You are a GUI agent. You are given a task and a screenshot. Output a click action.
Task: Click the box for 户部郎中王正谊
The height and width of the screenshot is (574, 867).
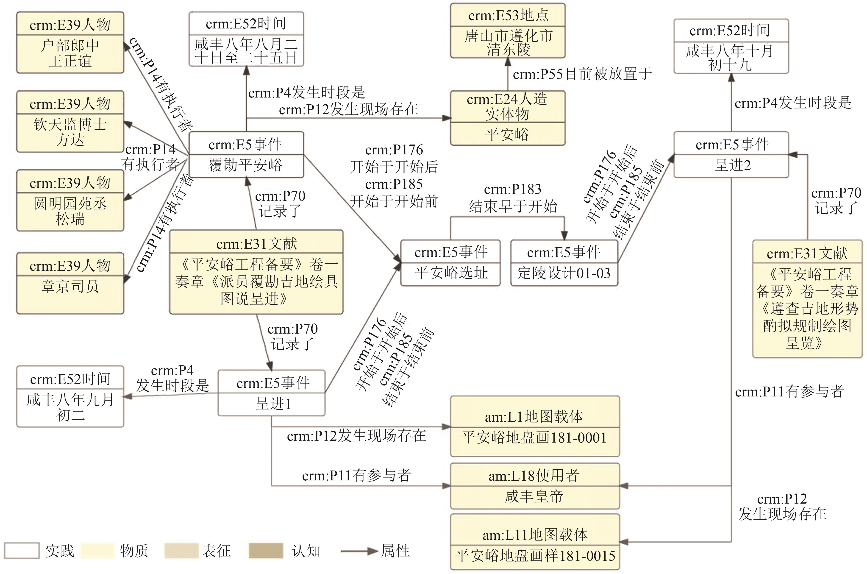tap(70, 42)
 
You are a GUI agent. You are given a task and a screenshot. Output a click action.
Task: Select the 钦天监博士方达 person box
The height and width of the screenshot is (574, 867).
tap(70, 122)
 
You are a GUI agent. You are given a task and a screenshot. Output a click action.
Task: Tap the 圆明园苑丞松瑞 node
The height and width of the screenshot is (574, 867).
tap(70, 200)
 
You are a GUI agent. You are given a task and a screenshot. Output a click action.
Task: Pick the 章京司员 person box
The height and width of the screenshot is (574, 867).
tap(70, 283)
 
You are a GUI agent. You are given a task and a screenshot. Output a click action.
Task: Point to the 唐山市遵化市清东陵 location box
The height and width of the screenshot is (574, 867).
tap(508, 31)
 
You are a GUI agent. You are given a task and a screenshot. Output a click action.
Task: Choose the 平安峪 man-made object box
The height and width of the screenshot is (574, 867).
tap(508, 118)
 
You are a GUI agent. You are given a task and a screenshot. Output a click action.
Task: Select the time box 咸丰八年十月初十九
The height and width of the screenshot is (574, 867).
tap(731, 47)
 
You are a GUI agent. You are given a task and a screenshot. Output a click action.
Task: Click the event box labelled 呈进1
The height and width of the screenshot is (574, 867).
tap(272, 393)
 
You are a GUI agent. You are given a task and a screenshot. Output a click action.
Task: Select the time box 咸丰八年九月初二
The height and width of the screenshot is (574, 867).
tap(70, 396)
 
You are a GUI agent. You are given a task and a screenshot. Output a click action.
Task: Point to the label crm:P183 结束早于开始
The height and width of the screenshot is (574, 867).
tap(513, 198)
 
